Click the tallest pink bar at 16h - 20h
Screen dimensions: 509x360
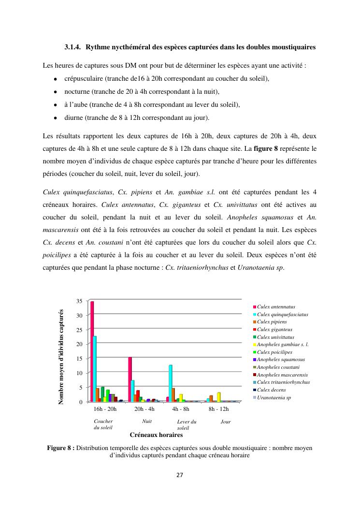(92, 351)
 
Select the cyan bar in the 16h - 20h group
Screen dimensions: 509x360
(95, 369)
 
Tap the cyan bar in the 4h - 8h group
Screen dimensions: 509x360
(170, 383)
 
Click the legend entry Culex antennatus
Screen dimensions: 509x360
(276, 307)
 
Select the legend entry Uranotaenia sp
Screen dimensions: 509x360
(274, 397)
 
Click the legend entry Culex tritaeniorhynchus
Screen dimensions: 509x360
(283, 382)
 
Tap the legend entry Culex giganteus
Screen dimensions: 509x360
(274, 330)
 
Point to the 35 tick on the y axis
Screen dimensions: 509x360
(79, 301)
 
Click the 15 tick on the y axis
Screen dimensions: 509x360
(79, 359)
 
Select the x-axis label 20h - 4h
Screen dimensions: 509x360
(144, 409)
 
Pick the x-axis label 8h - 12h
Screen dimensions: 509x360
(218, 409)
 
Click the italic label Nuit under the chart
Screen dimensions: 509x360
(147, 422)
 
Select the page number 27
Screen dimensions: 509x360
(180, 475)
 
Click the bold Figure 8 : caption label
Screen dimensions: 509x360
(60, 448)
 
